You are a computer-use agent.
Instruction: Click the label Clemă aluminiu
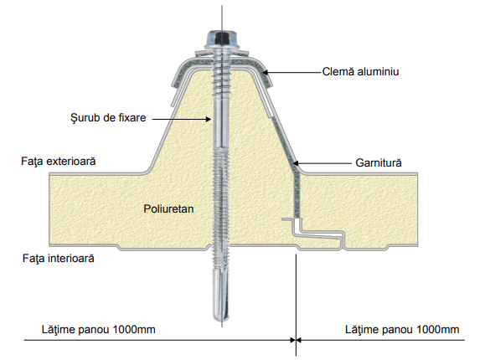pyautogui.click(x=360, y=71)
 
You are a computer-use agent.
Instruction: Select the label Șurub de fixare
pyautogui.click(x=108, y=118)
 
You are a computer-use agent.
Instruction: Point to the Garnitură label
pyautogui.click(x=379, y=162)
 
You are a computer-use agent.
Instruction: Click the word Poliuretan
pyautogui.click(x=168, y=209)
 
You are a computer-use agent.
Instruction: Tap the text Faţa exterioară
pyautogui.click(x=58, y=162)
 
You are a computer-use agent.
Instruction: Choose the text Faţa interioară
pyautogui.click(x=58, y=259)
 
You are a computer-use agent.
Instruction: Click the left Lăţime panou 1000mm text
pyautogui.click(x=99, y=330)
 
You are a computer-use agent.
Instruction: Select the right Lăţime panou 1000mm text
pyautogui.click(x=402, y=330)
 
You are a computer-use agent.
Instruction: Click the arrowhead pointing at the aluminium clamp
pyautogui.click(x=266, y=73)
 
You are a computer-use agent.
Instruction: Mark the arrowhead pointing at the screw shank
pyautogui.click(x=209, y=119)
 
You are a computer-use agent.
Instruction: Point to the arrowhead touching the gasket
pyautogui.click(x=296, y=163)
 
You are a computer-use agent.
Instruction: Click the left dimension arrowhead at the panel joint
pyautogui.click(x=292, y=340)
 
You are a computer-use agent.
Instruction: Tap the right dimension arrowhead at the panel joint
pyautogui.click(x=299, y=340)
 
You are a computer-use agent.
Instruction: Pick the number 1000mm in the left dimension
pyautogui.click(x=134, y=330)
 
